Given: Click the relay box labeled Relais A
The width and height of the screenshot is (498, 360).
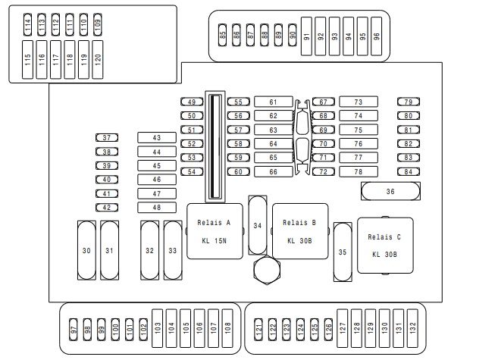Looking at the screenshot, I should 215,232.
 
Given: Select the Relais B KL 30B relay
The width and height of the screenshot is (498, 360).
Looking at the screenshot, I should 300,232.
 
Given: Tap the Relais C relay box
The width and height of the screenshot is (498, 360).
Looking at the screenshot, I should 385,246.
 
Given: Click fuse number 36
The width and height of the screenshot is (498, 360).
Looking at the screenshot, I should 390,192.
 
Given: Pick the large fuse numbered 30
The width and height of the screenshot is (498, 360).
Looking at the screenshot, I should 87,251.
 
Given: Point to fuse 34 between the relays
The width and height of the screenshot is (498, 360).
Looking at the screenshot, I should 258,226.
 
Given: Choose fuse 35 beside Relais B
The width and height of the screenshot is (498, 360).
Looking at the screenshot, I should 343,252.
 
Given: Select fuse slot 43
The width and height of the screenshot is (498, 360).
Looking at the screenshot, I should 157,138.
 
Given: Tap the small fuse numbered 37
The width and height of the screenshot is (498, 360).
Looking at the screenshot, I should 107,138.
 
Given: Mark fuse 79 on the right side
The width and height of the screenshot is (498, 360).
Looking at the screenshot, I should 409,102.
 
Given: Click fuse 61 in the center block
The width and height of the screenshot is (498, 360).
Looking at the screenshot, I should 273,102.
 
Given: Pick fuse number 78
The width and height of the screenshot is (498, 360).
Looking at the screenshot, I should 359,172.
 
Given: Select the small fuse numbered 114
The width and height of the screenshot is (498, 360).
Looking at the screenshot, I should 28,25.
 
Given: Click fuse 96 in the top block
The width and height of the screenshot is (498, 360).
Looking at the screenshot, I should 376,36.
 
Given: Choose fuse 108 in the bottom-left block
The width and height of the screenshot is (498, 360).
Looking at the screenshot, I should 227,327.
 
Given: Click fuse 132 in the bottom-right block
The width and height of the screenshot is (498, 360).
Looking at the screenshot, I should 412,327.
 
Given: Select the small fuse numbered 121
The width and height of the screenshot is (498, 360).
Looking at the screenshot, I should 258,330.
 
